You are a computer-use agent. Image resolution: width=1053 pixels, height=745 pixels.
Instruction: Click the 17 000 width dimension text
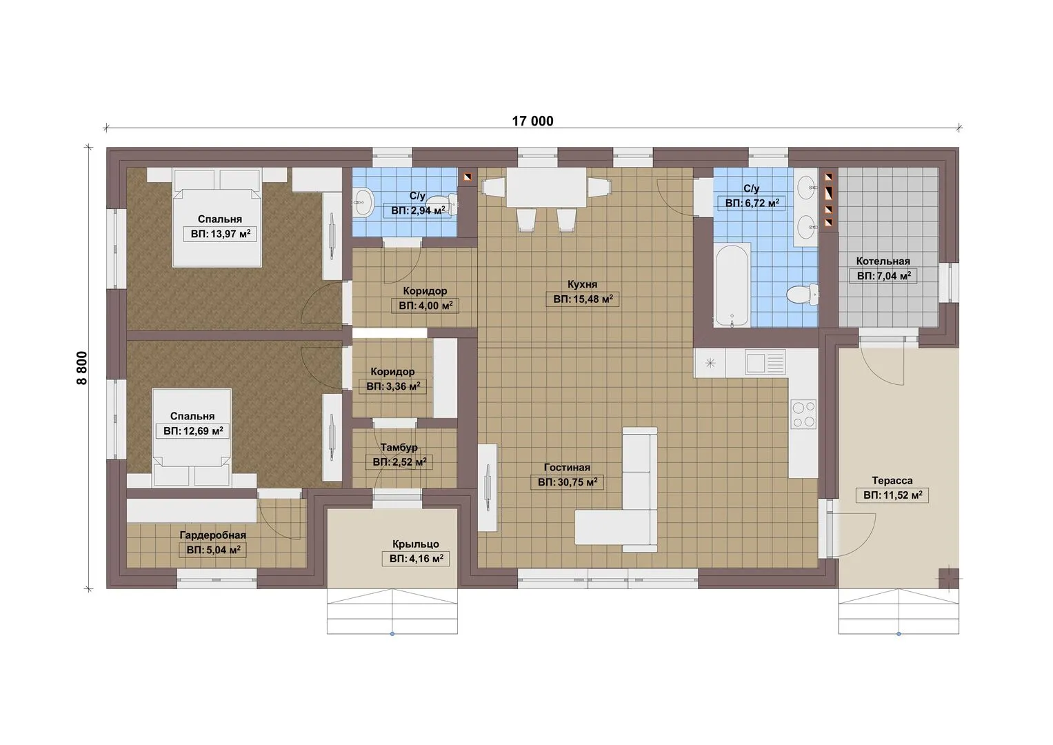pos(532,121)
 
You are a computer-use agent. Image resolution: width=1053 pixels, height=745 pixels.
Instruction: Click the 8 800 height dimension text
pos(82,368)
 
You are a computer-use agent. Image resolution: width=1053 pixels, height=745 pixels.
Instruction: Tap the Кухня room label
pos(582,284)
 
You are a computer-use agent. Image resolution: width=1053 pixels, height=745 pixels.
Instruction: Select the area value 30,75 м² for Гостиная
pos(568,482)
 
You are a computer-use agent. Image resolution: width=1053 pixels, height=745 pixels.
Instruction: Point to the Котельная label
pos(883,261)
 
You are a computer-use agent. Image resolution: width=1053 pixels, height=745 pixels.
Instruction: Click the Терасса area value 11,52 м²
pos(893,495)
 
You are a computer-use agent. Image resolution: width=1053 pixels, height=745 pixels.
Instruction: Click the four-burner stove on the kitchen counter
pos(803,415)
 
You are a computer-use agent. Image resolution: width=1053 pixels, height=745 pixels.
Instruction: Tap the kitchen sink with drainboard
pos(765,363)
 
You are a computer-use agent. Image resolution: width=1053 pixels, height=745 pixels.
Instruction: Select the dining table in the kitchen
pos(547,188)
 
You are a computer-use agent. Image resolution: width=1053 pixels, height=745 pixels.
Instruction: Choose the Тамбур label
pos(399,447)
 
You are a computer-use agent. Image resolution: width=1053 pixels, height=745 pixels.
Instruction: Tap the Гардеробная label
pos(212,535)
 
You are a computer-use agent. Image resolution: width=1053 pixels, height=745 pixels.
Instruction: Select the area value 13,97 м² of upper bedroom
pos(221,234)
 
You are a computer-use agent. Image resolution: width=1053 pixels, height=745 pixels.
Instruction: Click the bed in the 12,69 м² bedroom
pos(192,438)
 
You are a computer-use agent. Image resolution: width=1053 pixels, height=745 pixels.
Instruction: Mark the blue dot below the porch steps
pos(392,634)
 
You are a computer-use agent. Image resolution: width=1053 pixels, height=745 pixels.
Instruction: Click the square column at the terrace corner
pos(949,579)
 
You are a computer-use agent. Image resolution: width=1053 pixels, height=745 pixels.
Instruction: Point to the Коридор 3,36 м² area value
pos(393,386)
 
